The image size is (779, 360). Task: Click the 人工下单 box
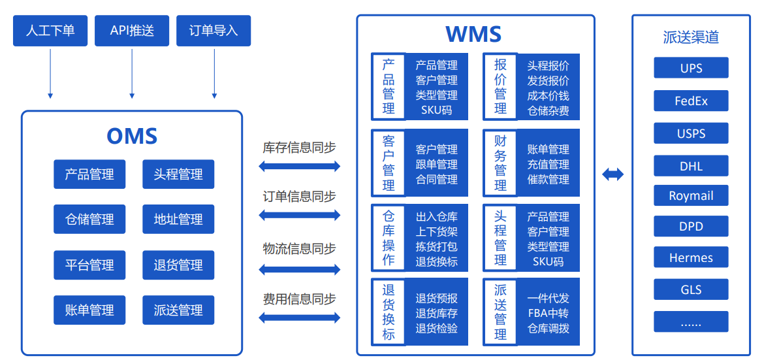click(x=50, y=31)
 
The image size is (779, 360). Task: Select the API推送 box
click(x=132, y=31)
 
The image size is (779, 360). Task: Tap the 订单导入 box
click(x=214, y=31)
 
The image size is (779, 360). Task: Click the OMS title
click(x=132, y=136)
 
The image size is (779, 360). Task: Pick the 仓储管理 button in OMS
click(x=89, y=220)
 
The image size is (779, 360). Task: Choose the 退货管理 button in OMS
click(x=178, y=265)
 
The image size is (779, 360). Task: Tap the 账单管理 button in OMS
click(x=89, y=310)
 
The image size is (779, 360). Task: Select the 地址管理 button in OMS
click(x=178, y=220)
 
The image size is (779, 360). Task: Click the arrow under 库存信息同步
click(x=300, y=166)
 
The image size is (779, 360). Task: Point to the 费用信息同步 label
click(x=300, y=299)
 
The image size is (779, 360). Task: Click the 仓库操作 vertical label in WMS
click(x=389, y=238)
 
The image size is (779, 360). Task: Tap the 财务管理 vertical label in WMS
click(x=500, y=163)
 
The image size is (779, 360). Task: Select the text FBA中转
click(x=548, y=314)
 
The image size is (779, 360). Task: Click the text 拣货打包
click(x=436, y=247)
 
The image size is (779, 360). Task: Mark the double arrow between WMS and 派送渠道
click(x=612, y=174)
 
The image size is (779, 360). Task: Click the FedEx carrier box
click(x=691, y=101)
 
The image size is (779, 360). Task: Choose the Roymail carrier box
click(x=691, y=196)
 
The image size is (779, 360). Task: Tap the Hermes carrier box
click(x=691, y=258)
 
